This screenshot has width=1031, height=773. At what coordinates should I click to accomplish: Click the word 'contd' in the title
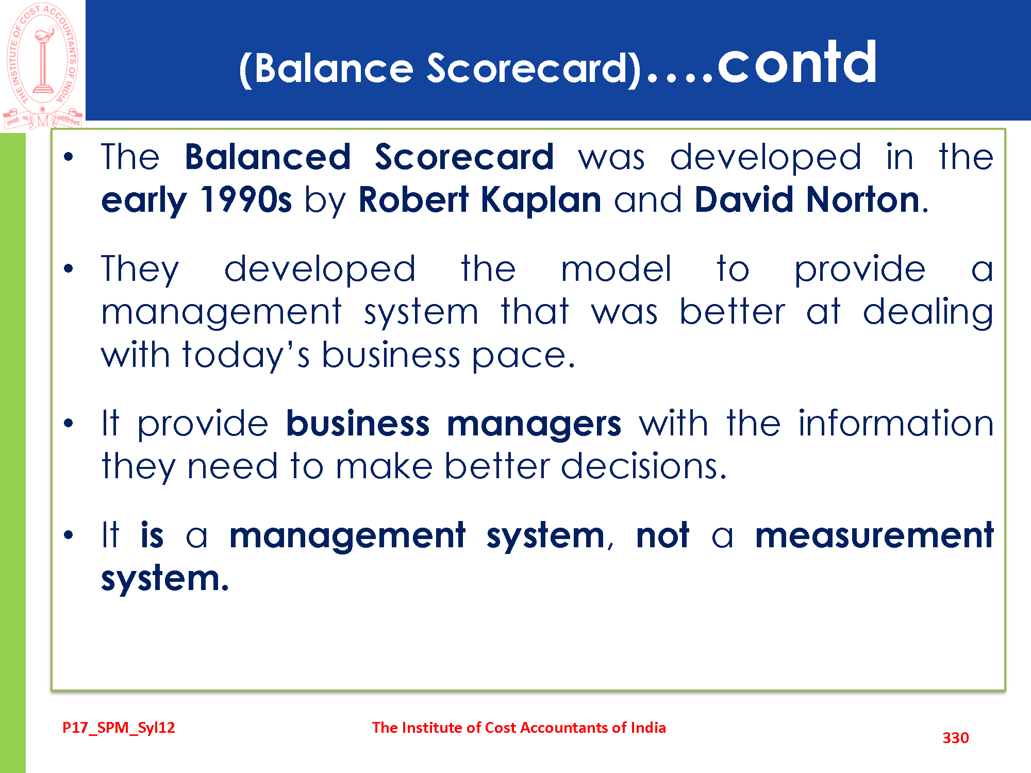pyautogui.click(x=797, y=63)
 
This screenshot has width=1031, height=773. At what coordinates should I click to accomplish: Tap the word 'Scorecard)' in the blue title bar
pyautogui.click(x=534, y=69)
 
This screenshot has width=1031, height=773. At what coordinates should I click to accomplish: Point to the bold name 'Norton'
pyautogui.click(x=863, y=199)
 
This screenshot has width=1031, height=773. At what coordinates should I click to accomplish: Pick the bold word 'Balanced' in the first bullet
pyautogui.click(x=268, y=157)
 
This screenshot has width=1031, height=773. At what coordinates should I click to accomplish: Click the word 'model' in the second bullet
pyautogui.click(x=617, y=268)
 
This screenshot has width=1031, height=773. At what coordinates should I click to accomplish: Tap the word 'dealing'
pyautogui.click(x=928, y=312)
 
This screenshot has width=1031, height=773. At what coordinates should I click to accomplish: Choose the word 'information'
pyautogui.click(x=896, y=423)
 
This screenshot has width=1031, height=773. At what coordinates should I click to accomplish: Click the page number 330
pyautogui.click(x=956, y=737)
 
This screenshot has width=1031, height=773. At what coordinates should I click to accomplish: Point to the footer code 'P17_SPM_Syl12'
pyautogui.click(x=119, y=727)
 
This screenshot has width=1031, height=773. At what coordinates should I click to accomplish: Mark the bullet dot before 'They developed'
pyautogui.click(x=69, y=268)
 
